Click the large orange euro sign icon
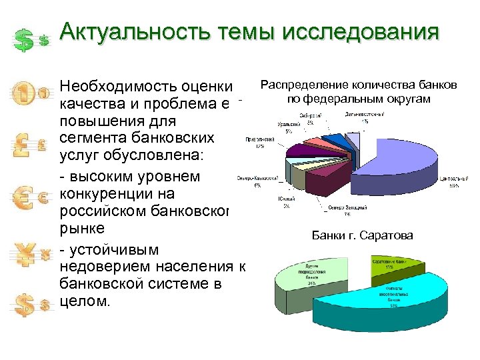(24, 198)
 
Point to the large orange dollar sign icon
(24, 305)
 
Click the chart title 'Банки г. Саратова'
(362, 235)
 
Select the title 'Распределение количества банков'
(359, 85)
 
